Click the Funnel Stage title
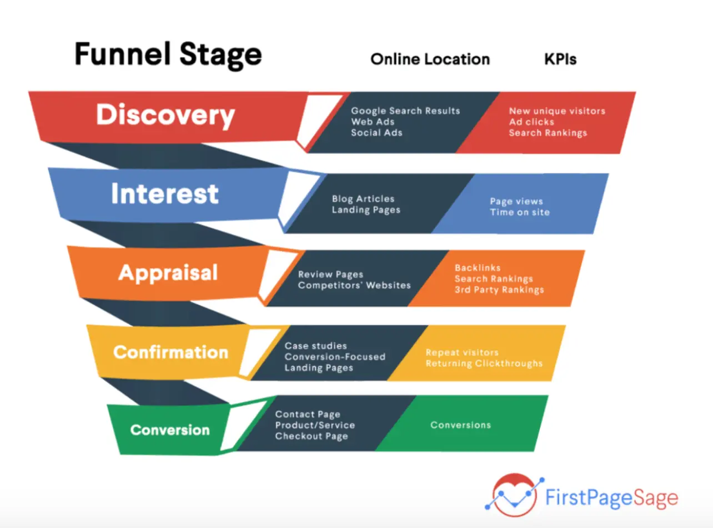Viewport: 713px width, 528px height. (168, 55)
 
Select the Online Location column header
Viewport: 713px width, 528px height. (430, 59)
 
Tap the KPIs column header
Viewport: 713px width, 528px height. (560, 59)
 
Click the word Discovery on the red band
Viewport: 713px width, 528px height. (165, 115)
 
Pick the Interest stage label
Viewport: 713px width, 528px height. (165, 194)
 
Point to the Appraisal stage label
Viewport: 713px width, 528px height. (168, 273)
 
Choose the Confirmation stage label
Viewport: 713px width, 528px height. (170, 352)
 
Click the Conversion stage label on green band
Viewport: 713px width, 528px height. (170, 430)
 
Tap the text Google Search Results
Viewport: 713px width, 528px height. (405, 111)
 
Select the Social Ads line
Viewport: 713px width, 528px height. (376, 133)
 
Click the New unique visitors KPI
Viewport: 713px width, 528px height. (557, 111)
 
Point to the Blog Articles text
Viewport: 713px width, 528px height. (363, 199)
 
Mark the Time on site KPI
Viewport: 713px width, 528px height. (519, 212)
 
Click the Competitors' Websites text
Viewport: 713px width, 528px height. (354, 286)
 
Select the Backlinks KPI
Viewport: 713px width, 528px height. (477, 268)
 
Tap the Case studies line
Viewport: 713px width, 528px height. (315, 346)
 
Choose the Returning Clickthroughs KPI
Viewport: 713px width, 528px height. (484, 363)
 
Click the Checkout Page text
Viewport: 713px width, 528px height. (311, 436)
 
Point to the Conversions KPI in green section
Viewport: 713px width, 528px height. (460, 425)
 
